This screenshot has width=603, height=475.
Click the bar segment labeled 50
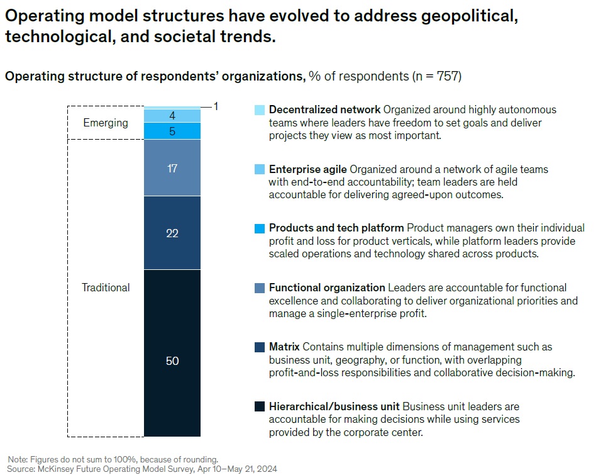172,353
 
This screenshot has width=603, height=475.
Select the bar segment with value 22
172,233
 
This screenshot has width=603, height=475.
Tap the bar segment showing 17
172,168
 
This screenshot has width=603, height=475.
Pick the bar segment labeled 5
172,131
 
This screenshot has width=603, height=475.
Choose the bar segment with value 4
172,116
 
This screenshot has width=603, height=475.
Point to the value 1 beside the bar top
216,106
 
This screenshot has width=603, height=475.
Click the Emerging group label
106,123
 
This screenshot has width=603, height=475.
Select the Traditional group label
106,288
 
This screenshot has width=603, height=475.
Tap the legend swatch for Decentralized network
260,109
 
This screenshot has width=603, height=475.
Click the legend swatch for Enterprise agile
260,169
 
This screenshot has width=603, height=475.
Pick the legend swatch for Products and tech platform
260,228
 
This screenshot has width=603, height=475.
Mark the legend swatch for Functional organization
260,288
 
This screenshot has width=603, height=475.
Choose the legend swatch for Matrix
260,347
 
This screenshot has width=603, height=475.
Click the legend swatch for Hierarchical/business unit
260,406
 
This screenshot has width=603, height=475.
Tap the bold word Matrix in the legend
284,347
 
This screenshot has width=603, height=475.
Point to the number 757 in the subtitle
447,76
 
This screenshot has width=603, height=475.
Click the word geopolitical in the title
469,16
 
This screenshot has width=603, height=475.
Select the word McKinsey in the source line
55,469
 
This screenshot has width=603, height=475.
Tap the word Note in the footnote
18,459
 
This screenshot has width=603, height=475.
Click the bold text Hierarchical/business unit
334,406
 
